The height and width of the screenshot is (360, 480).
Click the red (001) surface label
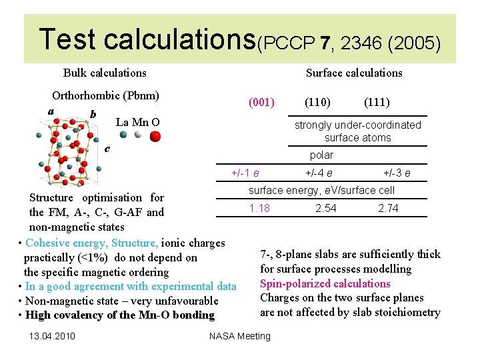point(261,103)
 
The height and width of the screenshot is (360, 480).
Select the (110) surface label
point(318,103)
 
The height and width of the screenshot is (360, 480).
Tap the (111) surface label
point(377,103)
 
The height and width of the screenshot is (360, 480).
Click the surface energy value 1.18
point(259,208)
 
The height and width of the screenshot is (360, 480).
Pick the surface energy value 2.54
point(325,208)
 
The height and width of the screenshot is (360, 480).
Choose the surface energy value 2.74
point(388,208)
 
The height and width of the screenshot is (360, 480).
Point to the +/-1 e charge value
point(245,173)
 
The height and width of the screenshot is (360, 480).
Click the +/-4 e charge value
point(319,173)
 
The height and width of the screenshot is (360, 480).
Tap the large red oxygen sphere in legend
point(155,136)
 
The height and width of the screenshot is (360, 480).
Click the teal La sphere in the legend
point(123,134)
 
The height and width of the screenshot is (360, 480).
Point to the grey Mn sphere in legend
point(138,134)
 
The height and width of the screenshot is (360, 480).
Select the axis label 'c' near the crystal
point(107,148)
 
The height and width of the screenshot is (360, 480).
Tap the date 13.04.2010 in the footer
point(52,335)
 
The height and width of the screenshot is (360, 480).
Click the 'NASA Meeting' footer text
point(240,335)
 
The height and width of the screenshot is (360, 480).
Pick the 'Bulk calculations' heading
point(105,73)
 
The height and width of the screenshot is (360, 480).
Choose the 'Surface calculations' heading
point(353,73)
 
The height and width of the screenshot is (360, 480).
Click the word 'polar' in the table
point(321,155)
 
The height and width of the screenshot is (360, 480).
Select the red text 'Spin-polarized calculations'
point(325,283)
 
